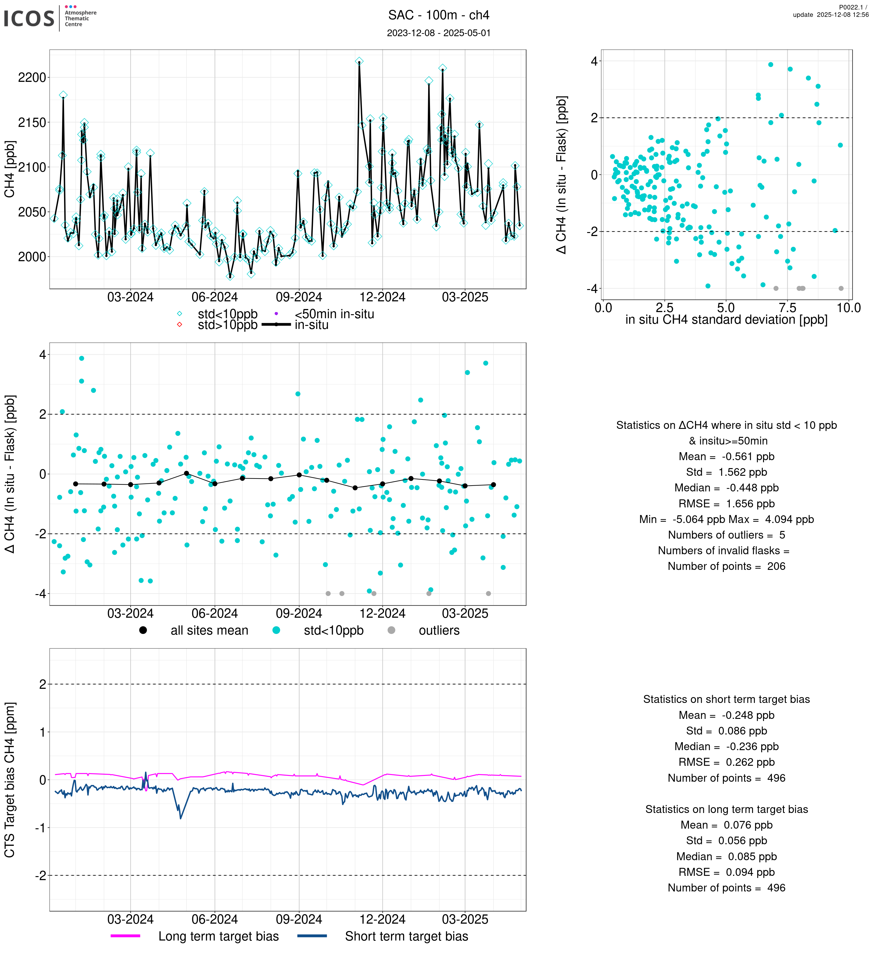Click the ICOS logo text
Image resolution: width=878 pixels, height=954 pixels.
tap(29, 18)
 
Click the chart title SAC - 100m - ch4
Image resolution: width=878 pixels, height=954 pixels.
tap(439, 15)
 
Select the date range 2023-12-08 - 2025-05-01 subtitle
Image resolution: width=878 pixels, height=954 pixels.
tap(439, 33)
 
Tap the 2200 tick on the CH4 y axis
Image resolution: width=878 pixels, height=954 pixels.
tap(32, 78)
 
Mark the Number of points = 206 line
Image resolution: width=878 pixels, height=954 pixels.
tap(726, 566)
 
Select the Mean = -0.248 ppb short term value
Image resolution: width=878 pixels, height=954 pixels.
tap(726, 715)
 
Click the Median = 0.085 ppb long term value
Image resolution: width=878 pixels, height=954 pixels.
tap(726, 857)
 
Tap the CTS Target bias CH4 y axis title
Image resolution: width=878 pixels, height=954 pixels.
tap(10, 780)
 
